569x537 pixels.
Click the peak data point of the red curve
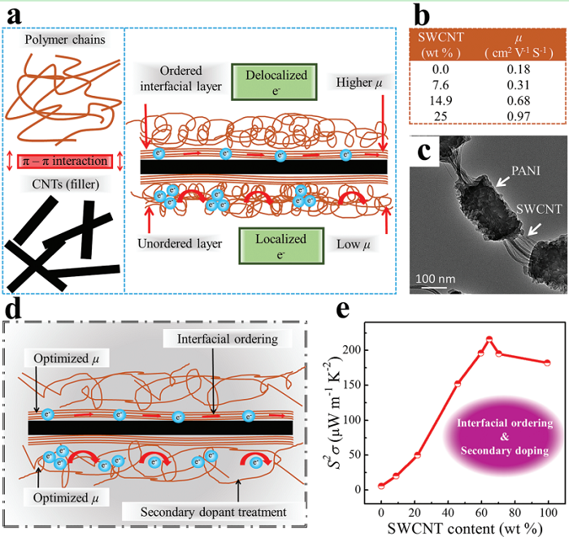point(489,339)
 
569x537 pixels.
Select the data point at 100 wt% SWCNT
point(547,362)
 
